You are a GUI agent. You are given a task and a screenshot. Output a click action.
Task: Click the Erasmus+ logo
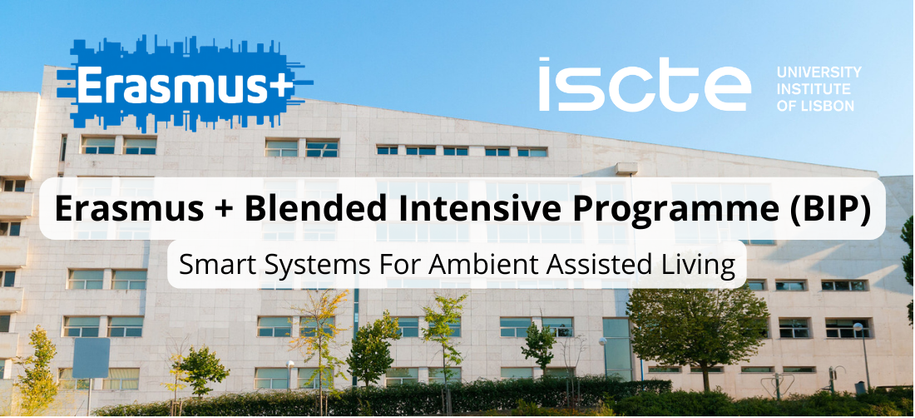[185, 83]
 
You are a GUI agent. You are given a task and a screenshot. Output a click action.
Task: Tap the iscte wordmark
[645, 85]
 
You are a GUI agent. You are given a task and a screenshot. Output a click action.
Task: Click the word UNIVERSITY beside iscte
[819, 72]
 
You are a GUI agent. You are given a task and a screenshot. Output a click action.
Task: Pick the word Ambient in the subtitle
[482, 265]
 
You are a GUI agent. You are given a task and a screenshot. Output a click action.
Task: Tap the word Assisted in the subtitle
[601, 265]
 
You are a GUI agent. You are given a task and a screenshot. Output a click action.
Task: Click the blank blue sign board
[91, 357]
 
